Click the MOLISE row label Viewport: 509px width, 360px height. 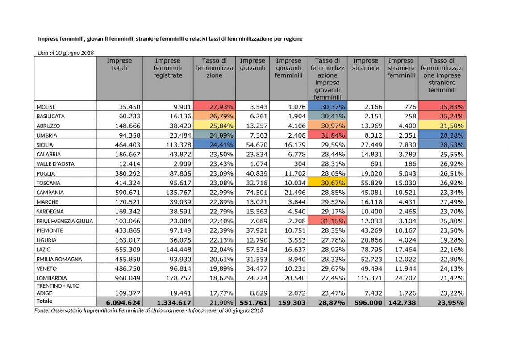pos(46,107)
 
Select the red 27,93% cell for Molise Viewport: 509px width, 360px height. pos(214,106)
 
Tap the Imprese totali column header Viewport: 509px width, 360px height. pos(120,64)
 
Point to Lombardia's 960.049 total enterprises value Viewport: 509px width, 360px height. pos(128,278)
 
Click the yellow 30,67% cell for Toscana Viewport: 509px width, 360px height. pos(327,182)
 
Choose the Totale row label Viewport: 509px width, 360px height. pos(44,301)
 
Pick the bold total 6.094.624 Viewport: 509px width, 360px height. pos(123,302)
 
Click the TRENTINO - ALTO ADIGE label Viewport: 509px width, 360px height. pos(58,289)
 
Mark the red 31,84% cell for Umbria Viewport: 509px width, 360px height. pos(327,135)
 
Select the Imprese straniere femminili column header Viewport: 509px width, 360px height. pos(401,68)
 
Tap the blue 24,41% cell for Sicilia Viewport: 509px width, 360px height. pos(214,144)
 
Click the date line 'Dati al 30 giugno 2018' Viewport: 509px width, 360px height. pos(66,53)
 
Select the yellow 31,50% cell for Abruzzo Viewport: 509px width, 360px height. pos(442,126)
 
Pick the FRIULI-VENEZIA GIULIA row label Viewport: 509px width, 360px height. pos(65,221)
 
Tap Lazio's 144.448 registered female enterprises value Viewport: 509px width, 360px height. pos(179,250)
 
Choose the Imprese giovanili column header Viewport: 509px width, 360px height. pos(252,64)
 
